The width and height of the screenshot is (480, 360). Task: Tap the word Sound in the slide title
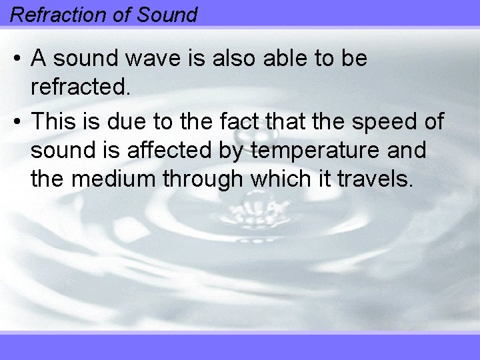click(168, 14)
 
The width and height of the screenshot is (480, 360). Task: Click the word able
click(298, 59)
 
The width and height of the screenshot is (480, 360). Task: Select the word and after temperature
click(406, 151)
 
